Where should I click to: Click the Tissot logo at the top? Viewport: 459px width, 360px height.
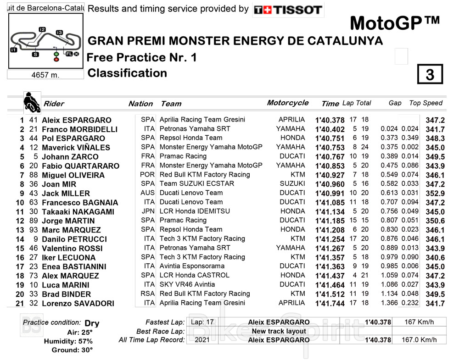(x=288, y=10)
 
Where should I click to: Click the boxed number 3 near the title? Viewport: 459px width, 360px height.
(x=430, y=74)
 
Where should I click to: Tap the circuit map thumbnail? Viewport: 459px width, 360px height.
(x=45, y=41)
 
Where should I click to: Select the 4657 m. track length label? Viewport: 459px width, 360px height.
(x=45, y=75)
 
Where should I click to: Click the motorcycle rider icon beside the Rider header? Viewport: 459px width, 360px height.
(x=32, y=103)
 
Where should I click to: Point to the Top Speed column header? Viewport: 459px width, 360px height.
(x=425, y=103)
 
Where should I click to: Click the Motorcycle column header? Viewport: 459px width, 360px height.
(x=288, y=103)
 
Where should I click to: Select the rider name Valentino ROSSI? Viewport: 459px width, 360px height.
(x=74, y=248)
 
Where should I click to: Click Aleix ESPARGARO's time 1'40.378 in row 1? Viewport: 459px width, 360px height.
(x=330, y=120)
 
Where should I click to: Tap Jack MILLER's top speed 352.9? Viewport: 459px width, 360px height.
(x=435, y=194)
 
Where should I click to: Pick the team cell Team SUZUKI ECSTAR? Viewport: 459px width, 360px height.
(x=197, y=184)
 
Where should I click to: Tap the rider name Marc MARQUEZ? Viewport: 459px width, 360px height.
(x=71, y=230)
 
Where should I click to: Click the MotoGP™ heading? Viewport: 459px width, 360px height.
(x=395, y=22)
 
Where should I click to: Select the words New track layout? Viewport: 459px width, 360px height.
(x=279, y=331)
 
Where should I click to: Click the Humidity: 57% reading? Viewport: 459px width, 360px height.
(x=68, y=341)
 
